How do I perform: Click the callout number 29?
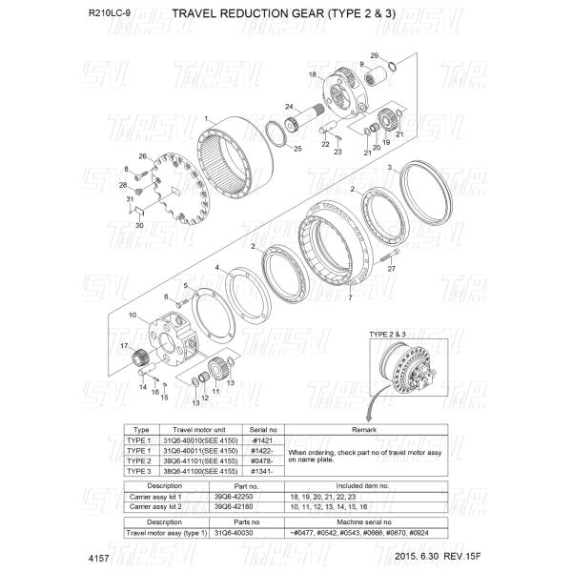tap(375, 55)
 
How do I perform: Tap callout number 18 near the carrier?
tap(312, 74)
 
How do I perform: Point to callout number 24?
tap(287, 106)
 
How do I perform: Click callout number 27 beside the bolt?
tap(390, 270)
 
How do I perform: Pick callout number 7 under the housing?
tap(350, 298)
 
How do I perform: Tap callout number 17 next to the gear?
tap(123, 345)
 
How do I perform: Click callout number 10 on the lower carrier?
tap(133, 315)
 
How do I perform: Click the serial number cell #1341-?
tap(260, 471)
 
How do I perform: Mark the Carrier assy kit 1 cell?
tap(157, 497)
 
